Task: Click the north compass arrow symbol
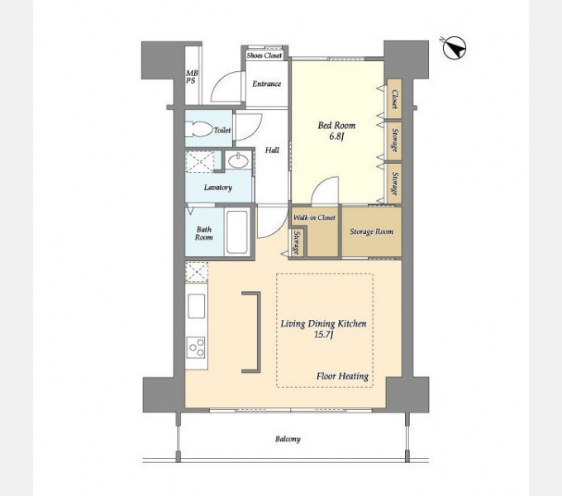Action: point(454,48)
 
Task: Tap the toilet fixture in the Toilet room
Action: point(198,130)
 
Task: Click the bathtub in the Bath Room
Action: point(237,232)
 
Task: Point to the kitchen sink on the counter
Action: point(197,306)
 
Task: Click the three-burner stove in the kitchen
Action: point(197,347)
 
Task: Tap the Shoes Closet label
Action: point(264,55)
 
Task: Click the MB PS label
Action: point(192,77)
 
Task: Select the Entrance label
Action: point(266,83)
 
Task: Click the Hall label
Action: point(272,150)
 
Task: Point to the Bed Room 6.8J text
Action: point(336,131)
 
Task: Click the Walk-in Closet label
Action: point(314,217)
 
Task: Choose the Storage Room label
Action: point(371,231)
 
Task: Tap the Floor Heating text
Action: point(342,376)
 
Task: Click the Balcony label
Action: point(288,439)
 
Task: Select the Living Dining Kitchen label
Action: point(323,324)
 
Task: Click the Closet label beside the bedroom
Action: point(394,99)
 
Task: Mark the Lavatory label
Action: point(218,188)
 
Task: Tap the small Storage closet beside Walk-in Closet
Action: point(297,242)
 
